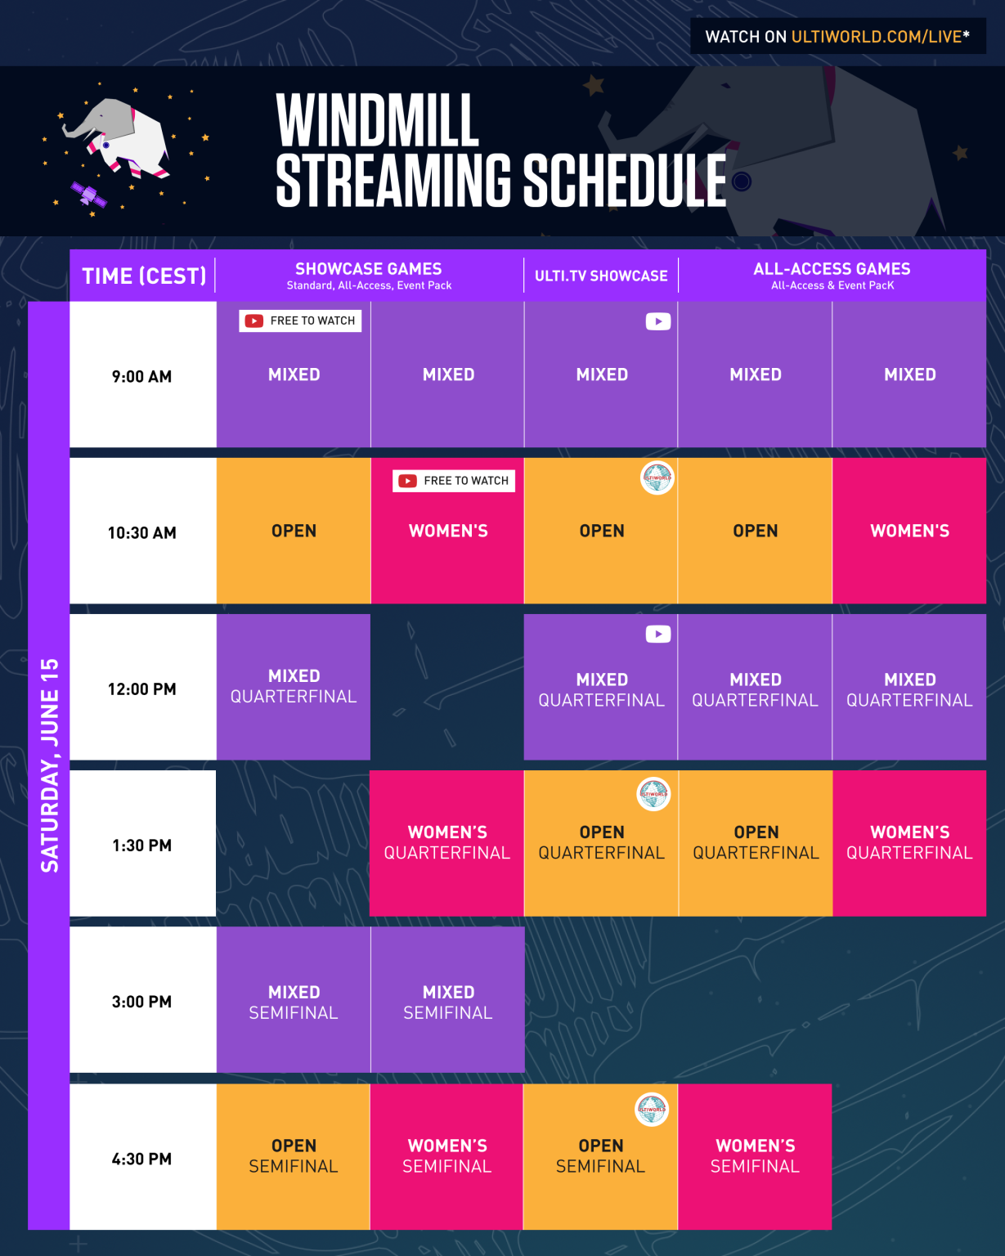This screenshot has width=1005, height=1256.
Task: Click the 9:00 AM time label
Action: click(x=141, y=376)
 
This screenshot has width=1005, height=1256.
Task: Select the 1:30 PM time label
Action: click(x=141, y=846)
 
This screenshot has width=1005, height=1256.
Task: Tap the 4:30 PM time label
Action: click(x=141, y=1159)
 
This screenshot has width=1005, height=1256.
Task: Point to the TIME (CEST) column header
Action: click(x=144, y=276)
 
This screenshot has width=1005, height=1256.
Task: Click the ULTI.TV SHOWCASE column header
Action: click(x=601, y=276)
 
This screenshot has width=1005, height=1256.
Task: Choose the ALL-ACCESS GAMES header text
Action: click(x=832, y=269)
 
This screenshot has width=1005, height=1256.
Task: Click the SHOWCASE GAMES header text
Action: click(x=368, y=269)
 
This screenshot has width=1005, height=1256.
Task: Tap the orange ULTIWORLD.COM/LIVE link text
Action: click(x=876, y=37)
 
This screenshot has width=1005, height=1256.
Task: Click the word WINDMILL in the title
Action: click(x=377, y=120)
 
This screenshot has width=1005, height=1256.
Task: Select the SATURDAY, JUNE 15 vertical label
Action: click(x=50, y=765)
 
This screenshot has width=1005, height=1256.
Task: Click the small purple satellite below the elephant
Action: click(x=88, y=195)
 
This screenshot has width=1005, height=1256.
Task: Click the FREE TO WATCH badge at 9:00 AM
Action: click(x=300, y=321)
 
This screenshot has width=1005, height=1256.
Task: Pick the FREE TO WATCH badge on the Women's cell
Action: click(x=454, y=481)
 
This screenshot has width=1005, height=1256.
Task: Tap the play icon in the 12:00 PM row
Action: click(x=658, y=634)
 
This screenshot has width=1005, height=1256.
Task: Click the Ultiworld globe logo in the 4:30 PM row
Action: click(x=652, y=1109)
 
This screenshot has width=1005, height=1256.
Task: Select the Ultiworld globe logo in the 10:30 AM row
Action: click(x=657, y=478)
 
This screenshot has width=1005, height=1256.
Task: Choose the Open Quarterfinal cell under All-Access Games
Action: click(x=756, y=842)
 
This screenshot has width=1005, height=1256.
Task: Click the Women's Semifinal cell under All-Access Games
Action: click(x=755, y=1156)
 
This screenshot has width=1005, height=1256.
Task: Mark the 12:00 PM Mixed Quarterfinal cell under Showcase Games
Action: click(x=294, y=686)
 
